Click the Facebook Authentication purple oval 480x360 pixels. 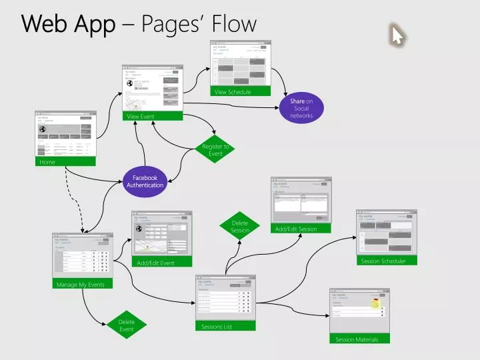(145, 181)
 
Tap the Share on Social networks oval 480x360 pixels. (301, 109)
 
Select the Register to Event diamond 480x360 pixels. (215, 150)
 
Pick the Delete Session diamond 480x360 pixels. (240, 227)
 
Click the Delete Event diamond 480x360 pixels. (127, 325)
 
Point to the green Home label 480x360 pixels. (65, 162)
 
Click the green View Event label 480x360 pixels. (152, 117)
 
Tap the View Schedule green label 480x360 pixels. (241, 91)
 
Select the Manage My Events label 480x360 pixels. (83, 285)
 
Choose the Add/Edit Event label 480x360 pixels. (161, 263)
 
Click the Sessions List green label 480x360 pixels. (226, 327)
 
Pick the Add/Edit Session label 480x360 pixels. (301, 229)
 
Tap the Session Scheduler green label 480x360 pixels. (387, 261)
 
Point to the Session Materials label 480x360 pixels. (359, 339)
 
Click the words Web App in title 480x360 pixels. (68, 25)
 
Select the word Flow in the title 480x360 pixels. (234, 25)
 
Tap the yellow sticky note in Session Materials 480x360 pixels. (376, 304)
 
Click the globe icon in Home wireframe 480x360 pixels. (42, 129)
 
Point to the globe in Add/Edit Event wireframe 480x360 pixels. (139, 229)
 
